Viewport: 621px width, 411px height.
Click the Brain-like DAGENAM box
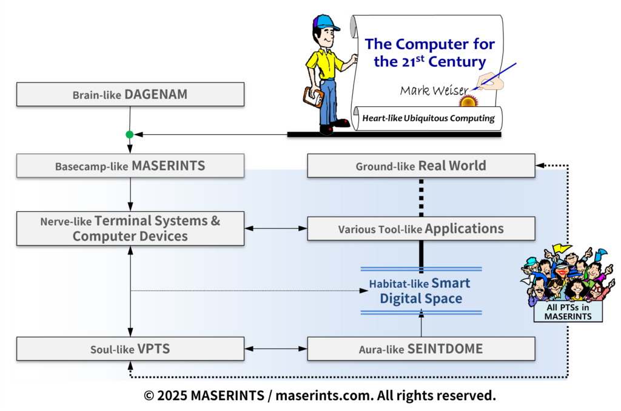tap(130, 95)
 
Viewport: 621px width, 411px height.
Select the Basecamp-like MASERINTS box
tap(130, 166)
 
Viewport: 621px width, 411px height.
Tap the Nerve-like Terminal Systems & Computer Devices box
tap(130, 228)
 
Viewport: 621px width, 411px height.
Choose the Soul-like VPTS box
tap(130, 349)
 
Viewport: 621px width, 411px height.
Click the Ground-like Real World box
tap(421, 166)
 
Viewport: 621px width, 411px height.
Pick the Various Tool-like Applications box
tap(421, 229)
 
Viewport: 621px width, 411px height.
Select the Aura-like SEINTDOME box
tap(421, 349)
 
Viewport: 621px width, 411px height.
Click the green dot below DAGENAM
tap(130, 134)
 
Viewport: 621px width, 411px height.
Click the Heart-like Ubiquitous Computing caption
tap(428, 118)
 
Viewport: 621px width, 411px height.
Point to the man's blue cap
tap(326, 24)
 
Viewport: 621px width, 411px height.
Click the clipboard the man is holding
tap(314, 96)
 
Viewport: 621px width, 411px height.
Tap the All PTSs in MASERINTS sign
tap(568, 312)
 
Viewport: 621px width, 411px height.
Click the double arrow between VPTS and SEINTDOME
tap(276, 349)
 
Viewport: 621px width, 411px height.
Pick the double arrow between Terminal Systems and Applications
tap(276, 228)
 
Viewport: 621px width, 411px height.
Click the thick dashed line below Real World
tap(421, 197)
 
